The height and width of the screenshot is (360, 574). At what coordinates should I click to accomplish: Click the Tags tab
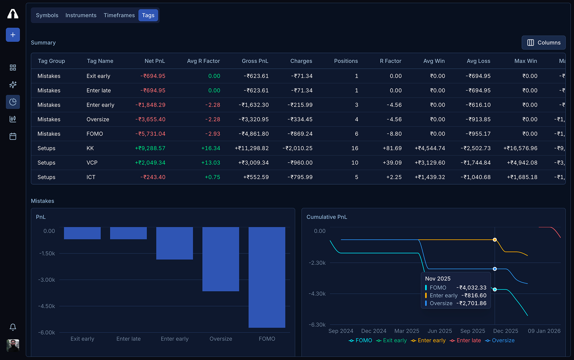[x=148, y=15]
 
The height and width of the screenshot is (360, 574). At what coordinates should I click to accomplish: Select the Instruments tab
[x=81, y=15]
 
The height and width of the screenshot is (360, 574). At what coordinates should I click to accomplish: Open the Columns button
[x=544, y=43]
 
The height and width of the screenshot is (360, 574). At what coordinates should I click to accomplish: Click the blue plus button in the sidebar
[x=13, y=35]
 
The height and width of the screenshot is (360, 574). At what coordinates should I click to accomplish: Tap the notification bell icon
[x=13, y=327]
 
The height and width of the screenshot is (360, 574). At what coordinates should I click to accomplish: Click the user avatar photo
[x=13, y=346]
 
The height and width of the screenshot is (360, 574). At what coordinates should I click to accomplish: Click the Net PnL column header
[x=155, y=61]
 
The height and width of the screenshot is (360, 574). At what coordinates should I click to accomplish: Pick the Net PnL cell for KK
[x=150, y=148]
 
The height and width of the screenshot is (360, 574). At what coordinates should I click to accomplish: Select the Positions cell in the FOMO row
[x=356, y=134]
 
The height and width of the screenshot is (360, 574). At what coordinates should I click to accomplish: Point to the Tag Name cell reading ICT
[x=91, y=177]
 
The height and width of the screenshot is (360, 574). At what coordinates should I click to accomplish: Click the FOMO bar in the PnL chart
[x=267, y=277]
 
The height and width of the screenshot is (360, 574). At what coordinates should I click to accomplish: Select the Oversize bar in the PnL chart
[x=221, y=259]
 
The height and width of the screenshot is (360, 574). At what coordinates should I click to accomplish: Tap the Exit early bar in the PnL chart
[x=82, y=233]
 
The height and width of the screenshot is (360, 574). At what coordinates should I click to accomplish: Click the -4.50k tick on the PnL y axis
[x=46, y=306]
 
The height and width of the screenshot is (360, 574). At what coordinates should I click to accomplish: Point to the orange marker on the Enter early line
[x=495, y=240]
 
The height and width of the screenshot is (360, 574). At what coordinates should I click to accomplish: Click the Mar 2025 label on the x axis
[x=406, y=331]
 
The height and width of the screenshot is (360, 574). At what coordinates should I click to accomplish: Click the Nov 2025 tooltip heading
[x=438, y=279]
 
